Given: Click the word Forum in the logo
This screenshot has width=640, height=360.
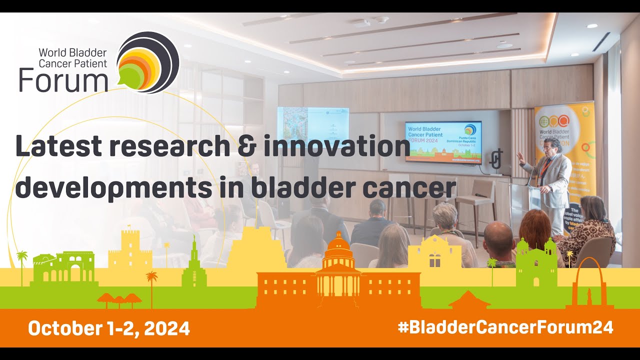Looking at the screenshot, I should click(63, 80).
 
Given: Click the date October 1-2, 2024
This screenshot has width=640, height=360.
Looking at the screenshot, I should click(109, 328).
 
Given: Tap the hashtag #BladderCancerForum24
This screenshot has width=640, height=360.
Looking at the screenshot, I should click(505, 327).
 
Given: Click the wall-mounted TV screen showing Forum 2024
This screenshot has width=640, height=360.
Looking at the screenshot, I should click(443, 141).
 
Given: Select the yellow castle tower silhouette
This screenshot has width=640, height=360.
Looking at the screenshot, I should click(130, 250).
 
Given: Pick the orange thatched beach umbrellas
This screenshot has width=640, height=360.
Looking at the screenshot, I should click(119, 299).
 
